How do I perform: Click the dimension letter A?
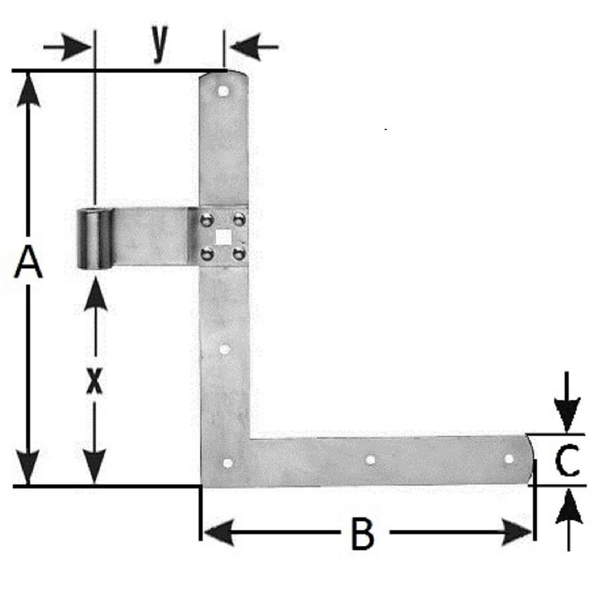[x=28, y=263]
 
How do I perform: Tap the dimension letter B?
[x=362, y=533]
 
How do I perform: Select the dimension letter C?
[x=567, y=460]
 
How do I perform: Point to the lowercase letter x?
[x=94, y=381]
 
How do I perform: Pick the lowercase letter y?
[x=160, y=42]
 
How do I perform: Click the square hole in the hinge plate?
[x=223, y=236]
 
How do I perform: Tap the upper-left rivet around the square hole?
[x=207, y=220]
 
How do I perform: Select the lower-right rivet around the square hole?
[x=239, y=253]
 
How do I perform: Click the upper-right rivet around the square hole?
[x=239, y=219]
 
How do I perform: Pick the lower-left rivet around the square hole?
[x=207, y=254]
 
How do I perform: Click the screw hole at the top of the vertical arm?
[x=222, y=91]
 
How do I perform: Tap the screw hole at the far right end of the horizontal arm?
[x=509, y=458]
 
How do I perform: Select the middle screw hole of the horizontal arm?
[x=371, y=459]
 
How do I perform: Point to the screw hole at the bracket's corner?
[x=227, y=463]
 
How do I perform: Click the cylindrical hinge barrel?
[x=94, y=239]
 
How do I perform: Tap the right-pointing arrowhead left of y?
[x=77, y=47]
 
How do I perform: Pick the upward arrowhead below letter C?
[x=569, y=506]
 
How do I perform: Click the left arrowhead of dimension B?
[x=219, y=532]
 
